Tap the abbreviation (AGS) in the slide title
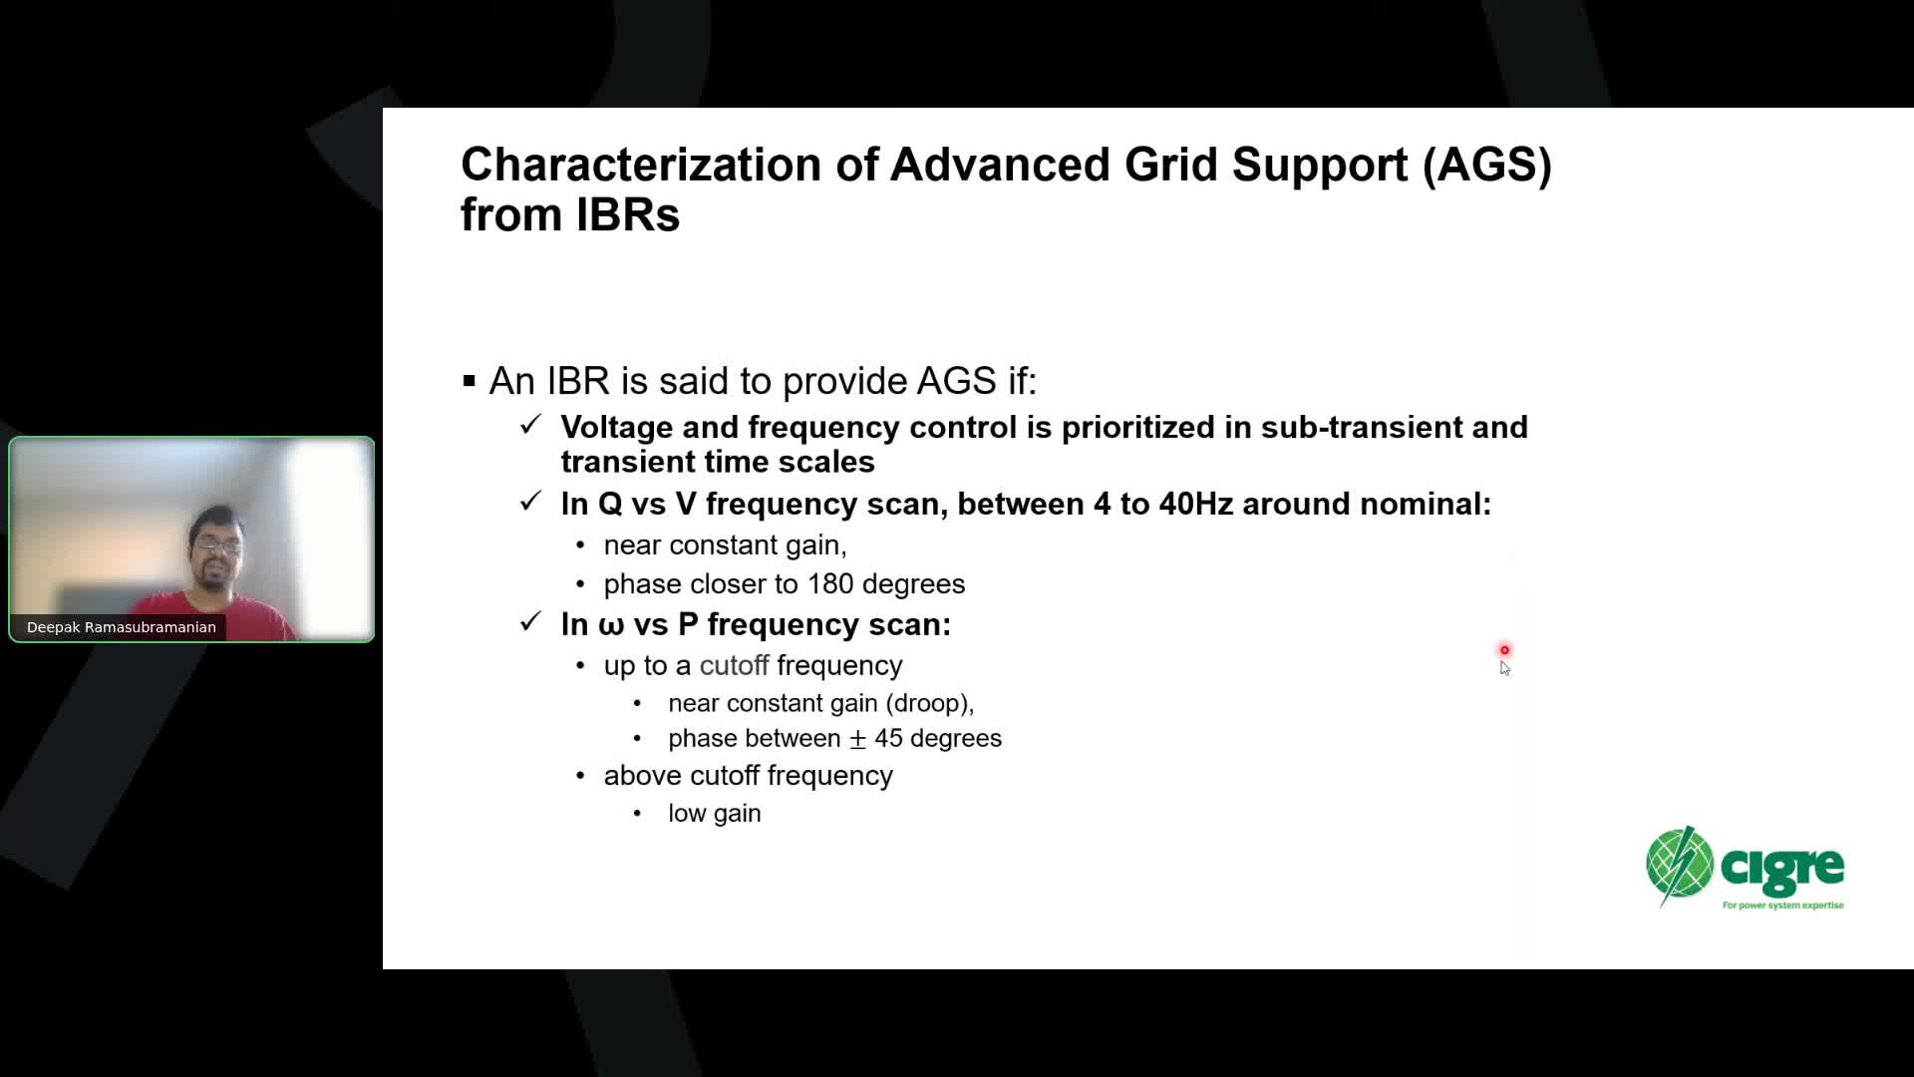point(1487,166)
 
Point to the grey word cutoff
point(735,665)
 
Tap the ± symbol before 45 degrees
point(857,739)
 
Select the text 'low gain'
point(715,814)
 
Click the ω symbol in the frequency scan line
point(610,626)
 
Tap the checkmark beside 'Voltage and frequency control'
point(530,425)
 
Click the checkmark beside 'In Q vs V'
point(530,501)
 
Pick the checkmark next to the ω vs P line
point(530,622)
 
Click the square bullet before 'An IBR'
point(470,381)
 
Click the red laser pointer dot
point(1505,650)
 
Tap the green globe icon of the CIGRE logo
point(1680,865)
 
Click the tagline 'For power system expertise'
point(1783,905)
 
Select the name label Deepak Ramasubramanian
point(122,627)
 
